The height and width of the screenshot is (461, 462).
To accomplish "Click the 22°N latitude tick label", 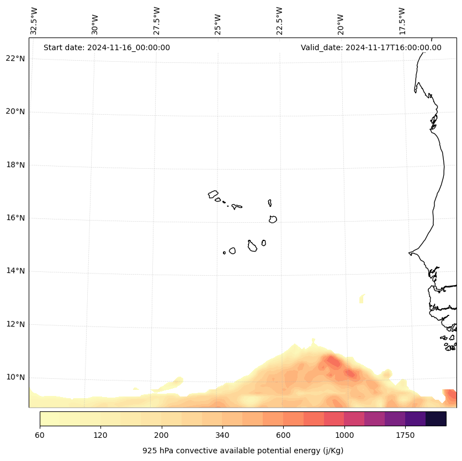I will coord(15,58).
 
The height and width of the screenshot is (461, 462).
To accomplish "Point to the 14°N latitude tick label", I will coord(15,271).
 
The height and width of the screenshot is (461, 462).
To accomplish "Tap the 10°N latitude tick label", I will coord(15,377).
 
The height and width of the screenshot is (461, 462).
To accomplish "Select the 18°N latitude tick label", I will coord(15,165).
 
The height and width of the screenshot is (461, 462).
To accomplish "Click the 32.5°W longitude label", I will coord(34,21).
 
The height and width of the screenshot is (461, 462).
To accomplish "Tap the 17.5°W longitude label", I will coord(402,21).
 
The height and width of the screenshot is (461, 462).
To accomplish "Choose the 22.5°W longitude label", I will coord(279,21).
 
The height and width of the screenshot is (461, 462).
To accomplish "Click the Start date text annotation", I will coord(107,47).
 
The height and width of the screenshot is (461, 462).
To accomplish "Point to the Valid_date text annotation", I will coord(371,47).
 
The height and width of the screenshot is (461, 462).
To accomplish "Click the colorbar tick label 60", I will coord(40,435).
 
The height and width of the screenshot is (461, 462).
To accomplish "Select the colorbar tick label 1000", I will coord(344,435).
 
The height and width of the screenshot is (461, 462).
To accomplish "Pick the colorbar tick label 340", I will coord(222,435).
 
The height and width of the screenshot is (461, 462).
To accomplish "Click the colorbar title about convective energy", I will coord(243,451).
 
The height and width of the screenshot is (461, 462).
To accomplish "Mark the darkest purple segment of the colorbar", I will coord(436,419).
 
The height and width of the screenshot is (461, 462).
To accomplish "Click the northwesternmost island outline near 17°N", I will coord(213,194).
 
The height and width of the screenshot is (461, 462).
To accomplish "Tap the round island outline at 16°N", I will coord(273,219).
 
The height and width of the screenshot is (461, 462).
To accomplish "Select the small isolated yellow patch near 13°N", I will coord(362,298).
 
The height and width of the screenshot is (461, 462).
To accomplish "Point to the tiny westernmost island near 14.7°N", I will coord(224,253).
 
